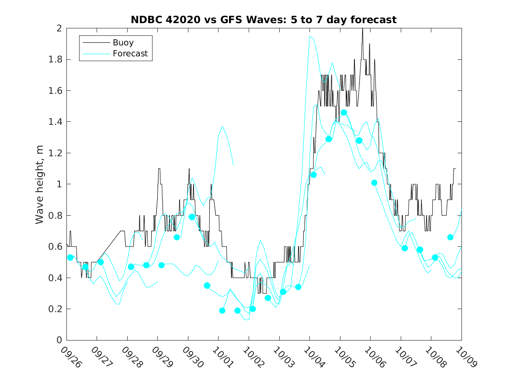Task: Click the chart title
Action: [x=264, y=20]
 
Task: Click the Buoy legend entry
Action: [x=123, y=43]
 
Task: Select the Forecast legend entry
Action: [x=130, y=54]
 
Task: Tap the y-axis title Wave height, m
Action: [x=40, y=184]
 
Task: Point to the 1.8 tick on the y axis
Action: [x=56, y=59]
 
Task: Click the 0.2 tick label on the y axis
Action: [x=56, y=309]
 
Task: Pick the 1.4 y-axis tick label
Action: [x=56, y=122]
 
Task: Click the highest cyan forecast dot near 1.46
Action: [x=344, y=113]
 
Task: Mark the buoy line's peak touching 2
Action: [x=362, y=29]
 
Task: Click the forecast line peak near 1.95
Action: [x=309, y=36]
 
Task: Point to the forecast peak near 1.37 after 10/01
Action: [x=222, y=127]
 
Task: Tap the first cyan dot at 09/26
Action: [x=70, y=258]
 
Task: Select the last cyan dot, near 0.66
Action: [x=450, y=237]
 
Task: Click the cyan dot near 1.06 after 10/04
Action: [x=313, y=175]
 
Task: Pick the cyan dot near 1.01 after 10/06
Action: [x=374, y=182]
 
